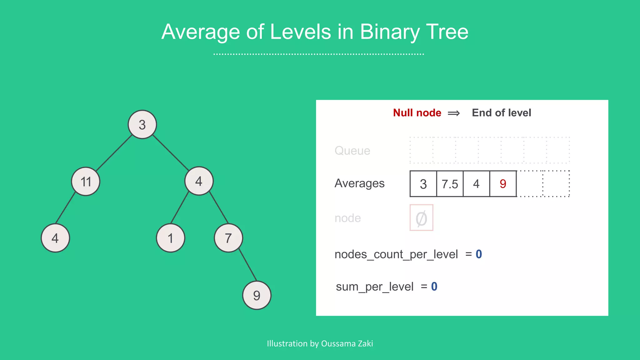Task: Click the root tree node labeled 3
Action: [x=142, y=124]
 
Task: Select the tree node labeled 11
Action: [x=86, y=181]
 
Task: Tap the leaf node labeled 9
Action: [x=257, y=295]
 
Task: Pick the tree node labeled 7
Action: [x=228, y=238]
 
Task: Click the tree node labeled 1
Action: [x=170, y=238]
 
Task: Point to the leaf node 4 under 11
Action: [x=55, y=238]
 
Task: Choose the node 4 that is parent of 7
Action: [x=199, y=181]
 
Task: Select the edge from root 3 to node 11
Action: [x=114, y=153]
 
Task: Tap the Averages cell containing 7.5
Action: [x=450, y=184]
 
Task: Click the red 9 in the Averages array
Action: [x=503, y=184]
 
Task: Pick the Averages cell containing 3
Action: [x=423, y=184]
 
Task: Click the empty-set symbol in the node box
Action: [x=421, y=218]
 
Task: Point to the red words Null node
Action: [x=417, y=113]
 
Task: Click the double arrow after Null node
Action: [x=453, y=113]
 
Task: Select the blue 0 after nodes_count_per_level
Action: [x=479, y=254]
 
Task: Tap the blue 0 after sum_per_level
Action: [x=434, y=286]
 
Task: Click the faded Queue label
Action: [x=352, y=151]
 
